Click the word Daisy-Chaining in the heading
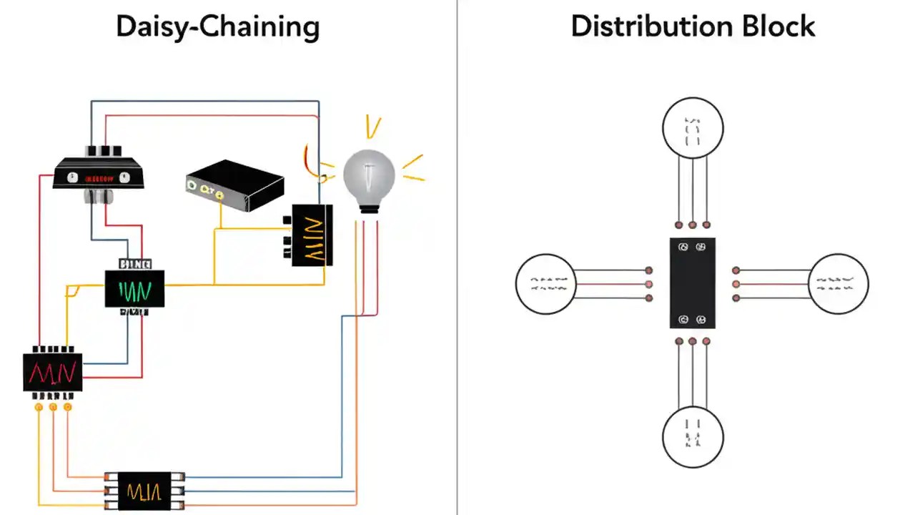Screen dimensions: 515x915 [217, 27]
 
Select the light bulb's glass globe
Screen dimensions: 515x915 [369, 174]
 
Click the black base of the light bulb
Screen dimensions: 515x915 [369, 207]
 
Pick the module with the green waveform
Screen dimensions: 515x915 [134, 289]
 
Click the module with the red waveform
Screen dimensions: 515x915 [52, 372]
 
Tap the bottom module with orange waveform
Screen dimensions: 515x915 [144, 491]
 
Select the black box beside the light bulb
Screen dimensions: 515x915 [312, 235]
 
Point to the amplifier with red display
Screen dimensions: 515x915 [99, 175]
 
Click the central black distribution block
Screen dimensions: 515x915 [692, 283]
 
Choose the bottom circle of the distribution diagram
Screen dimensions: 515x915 [692, 436]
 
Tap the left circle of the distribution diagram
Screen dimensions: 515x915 [545, 283]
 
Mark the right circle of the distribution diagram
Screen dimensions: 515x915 [839, 283]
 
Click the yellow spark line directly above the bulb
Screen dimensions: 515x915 [372, 127]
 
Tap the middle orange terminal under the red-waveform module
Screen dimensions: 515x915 [53, 407]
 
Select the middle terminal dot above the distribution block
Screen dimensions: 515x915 [692, 225]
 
